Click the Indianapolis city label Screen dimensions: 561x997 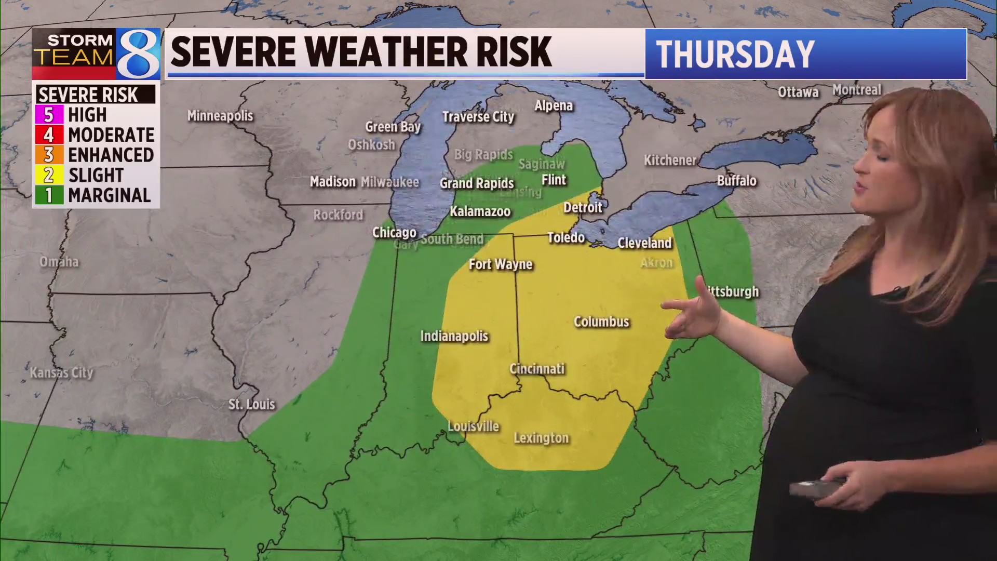(454, 336)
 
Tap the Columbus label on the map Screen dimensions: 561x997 (601, 322)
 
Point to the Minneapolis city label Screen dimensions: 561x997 (220, 115)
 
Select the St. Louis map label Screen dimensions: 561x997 (251, 404)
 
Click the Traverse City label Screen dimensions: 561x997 (478, 117)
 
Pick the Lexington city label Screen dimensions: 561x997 (541, 438)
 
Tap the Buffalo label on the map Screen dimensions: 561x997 (736, 181)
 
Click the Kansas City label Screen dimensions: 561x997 (61, 372)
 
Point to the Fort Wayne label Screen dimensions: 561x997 (501, 264)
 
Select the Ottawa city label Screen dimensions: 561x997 (798, 92)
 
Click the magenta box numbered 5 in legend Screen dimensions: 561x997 (49, 114)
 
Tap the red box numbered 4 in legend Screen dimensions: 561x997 (49, 135)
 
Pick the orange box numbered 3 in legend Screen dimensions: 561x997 (49, 155)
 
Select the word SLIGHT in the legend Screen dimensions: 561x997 (96, 175)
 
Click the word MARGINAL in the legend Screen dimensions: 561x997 (109, 195)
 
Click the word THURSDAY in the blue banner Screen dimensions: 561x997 (735, 54)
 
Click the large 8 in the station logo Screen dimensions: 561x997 (138, 54)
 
